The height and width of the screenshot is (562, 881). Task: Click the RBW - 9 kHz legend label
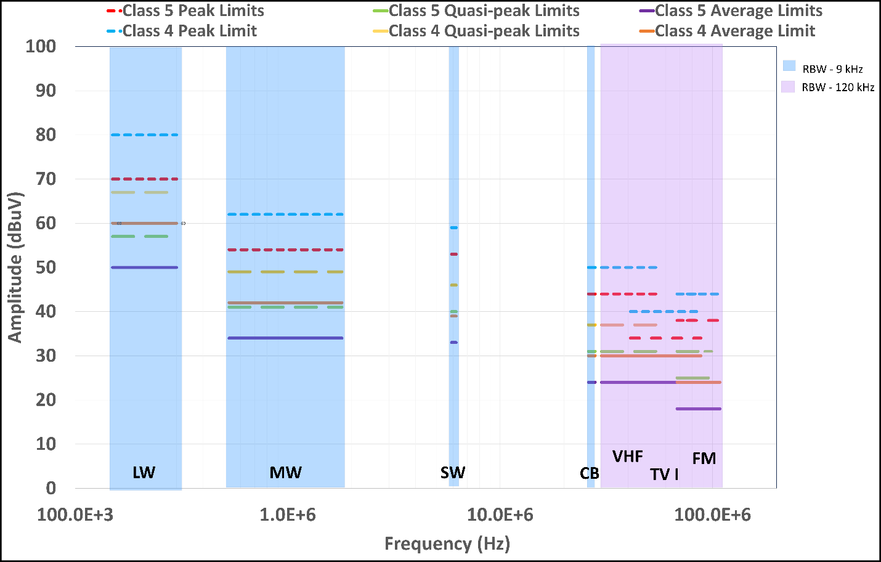click(832, 69)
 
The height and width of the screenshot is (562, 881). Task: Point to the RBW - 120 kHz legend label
click(838, 88)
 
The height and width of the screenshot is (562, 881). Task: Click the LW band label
click(144, 473)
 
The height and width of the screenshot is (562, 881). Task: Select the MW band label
click(286, 473)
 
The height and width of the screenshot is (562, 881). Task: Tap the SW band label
click(453, 473)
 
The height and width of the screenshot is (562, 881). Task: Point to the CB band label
click(590, 473)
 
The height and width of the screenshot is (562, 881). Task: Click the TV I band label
click(664, 474)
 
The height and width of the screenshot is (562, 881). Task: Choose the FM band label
click(704, 458)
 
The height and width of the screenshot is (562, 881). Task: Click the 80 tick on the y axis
click(46, 135)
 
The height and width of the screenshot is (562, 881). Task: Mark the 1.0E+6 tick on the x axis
click(288, 515)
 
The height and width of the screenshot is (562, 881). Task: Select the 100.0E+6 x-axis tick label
click(713, 515)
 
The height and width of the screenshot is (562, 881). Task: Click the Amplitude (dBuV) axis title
click(15, 267)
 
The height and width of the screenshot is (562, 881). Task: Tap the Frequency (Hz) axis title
click(447, 544)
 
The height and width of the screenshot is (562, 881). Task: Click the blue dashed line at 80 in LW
click(145, 135)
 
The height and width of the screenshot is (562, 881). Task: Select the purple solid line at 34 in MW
click(285, 338)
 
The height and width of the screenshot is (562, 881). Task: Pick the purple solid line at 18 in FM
click(699, 409)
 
